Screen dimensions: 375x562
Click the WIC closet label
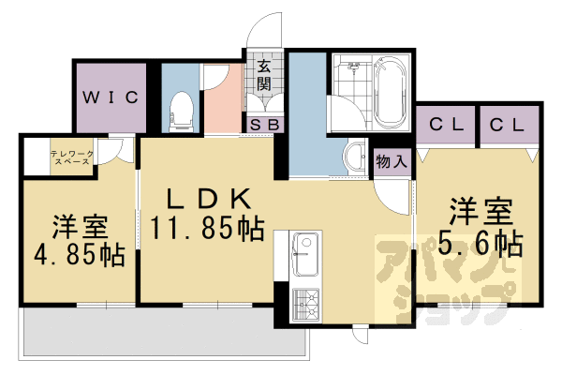click(x=110, y=97)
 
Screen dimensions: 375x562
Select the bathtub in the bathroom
click(x=388, y=91)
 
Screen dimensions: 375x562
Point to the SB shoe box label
click(x=264, y=124)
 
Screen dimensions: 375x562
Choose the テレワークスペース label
click(x=70, y=157)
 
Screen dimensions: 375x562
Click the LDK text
click(x=208, y=199)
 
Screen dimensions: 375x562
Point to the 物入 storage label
click(x=392, y=161)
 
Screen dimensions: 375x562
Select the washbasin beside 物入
click(x=355, y=156)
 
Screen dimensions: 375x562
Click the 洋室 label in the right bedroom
click(x=479, y=209)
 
